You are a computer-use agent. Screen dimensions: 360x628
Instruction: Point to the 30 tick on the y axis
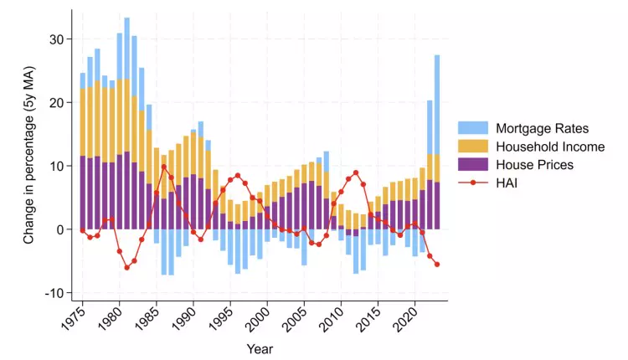point(55,39)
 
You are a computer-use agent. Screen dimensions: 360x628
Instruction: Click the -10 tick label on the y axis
point(52,292)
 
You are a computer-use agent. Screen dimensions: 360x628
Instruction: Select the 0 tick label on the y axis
point(59,229)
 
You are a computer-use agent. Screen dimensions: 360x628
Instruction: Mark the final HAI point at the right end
point(437,265)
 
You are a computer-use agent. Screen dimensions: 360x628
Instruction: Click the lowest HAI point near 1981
point(127,267)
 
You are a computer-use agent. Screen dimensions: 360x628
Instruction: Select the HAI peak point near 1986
point(164,167)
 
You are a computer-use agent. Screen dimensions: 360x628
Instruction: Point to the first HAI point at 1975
point(83,231)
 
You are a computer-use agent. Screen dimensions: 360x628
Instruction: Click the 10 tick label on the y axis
point(55,166)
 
